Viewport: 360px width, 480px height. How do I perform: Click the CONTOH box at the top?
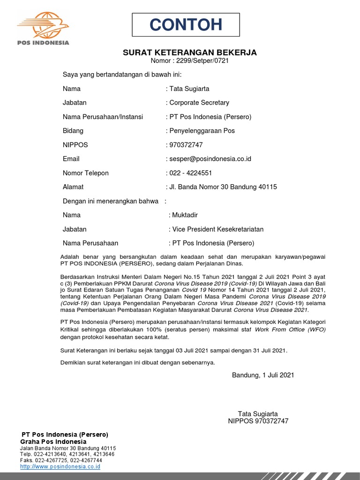pos(186,25)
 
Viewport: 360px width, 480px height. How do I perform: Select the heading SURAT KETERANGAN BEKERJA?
pos(189,52)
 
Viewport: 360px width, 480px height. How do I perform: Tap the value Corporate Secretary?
pos(199,103)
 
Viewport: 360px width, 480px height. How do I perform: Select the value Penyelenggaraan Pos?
pos(202,131)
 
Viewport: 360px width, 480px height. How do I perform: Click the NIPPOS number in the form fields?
pos(186,145)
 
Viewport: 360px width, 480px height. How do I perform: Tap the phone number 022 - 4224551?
pos(190,173)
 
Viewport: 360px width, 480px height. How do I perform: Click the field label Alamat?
pos(73,187)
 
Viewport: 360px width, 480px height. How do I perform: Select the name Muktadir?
pos(185,215)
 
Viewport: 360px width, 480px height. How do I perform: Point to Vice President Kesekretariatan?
pos(218,229)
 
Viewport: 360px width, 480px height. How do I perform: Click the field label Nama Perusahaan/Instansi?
pos(103,117)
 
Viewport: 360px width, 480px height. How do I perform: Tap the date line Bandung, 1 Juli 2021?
pos(263,375)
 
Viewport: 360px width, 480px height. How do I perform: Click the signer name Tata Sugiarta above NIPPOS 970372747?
pos(258,414)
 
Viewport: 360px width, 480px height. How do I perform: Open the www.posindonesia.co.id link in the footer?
pos(60,467)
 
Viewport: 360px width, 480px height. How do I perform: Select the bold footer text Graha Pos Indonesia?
pos(53,442)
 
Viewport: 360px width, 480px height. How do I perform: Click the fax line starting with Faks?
pos(61,460)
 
